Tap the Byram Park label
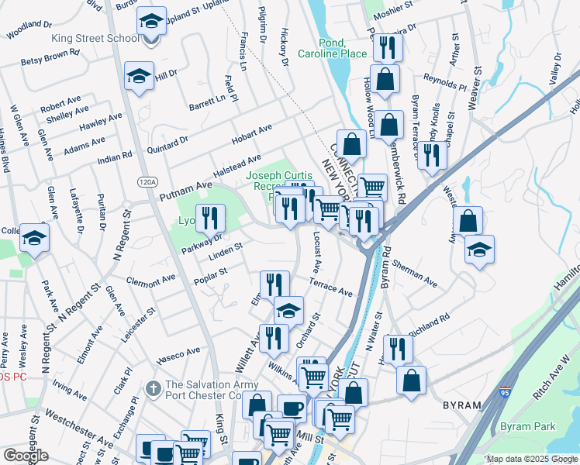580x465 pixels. (x=526, y=426)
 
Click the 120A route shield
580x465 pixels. (x=147, y=181)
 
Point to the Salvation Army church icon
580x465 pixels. (x=154, y=386)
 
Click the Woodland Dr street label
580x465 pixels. (x=28, y=29)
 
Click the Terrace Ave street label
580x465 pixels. (x=331, y=288)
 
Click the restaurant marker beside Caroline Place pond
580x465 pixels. (x=384, y=48)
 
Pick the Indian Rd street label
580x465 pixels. (x=115, y=154)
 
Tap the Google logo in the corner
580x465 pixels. (x=26, y=456)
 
